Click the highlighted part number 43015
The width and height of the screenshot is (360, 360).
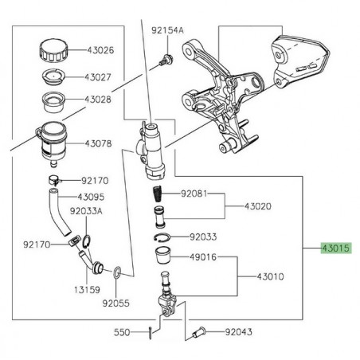[335, 248]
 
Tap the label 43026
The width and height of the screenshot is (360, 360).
[99, 49]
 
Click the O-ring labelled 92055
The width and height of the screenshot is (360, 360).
[117, 272]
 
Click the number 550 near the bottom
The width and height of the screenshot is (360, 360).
[121, 331]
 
